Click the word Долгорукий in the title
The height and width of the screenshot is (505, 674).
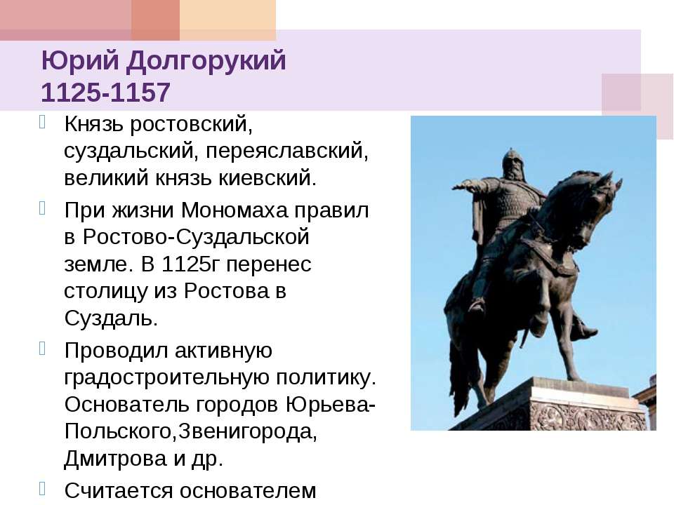pyautogui.click(x=206, y=60)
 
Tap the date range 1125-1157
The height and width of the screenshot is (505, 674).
pyautogui.click(x=106, y=93)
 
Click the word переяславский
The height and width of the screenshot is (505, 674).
pyautogui.click(x=286, y=151)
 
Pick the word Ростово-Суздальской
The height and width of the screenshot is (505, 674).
pyautogui.click(x=196, y=237)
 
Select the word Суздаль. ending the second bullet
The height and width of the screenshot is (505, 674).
pyautogui.click(x=111, y=318)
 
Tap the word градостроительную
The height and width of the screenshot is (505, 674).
pyautogui.click(x=167, y=378)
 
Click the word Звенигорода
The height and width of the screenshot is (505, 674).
pyautogui.click(x=248, y=431)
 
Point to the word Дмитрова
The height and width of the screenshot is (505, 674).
pyautogui.click(x=115, y=458)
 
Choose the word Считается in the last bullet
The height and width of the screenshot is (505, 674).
pyautogui.click(x=118, y=491)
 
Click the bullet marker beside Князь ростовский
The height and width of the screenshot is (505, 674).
pyautogui.click(x=42, y=122)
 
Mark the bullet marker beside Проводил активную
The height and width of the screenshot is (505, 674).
pyautogui.click(x=42, y=349)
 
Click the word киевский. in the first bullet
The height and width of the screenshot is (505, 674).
pyautogui.click(x=267, y=178)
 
